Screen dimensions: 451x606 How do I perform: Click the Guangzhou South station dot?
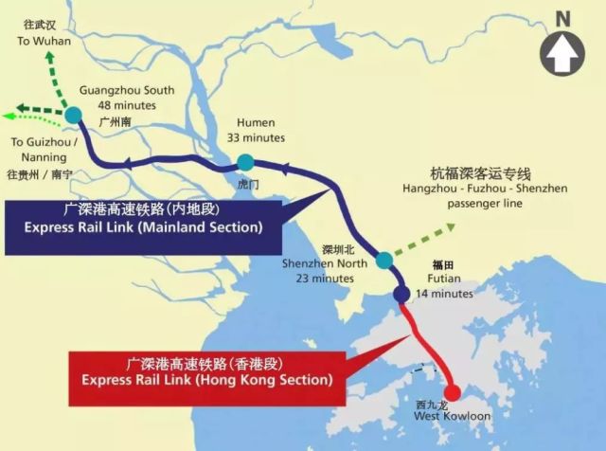74,116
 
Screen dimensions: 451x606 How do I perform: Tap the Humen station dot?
245,161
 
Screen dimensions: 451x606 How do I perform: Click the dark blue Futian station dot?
401,295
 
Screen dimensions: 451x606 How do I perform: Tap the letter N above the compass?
563,16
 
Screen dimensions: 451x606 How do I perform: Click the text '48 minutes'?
127,105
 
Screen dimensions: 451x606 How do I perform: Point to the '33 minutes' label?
256,138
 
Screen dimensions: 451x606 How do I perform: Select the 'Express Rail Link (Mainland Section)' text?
143,227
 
